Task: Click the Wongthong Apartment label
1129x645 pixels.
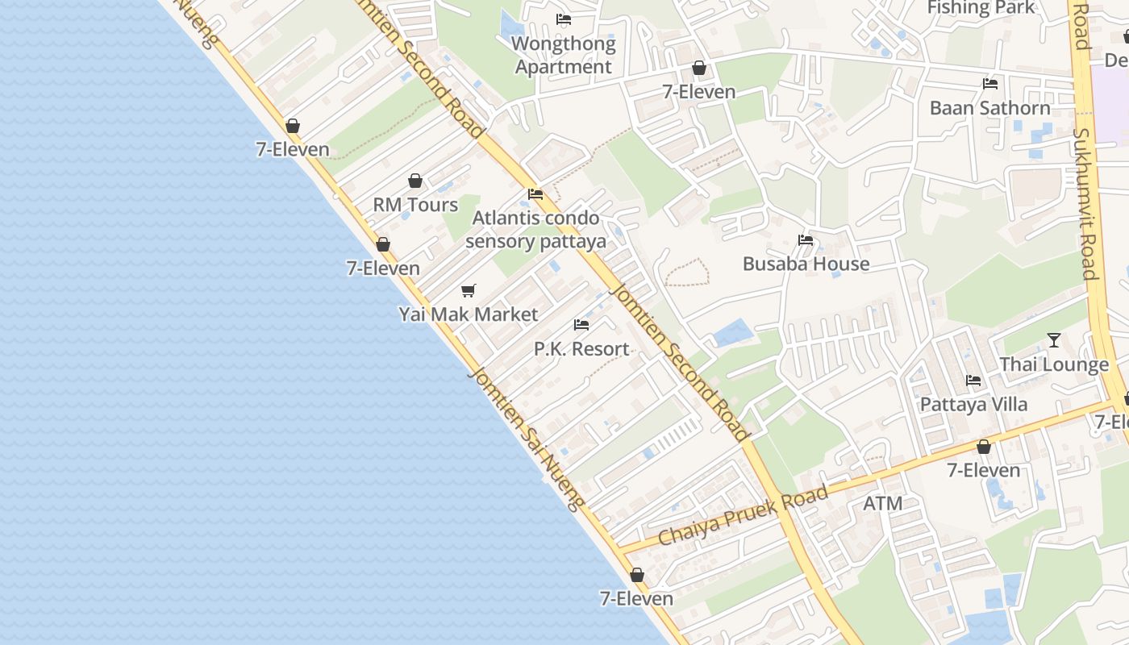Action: point(564,55)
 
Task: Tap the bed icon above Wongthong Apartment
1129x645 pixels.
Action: point(564,19)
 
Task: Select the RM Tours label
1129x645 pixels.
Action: point(415,205)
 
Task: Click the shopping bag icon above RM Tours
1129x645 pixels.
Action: point(415,181)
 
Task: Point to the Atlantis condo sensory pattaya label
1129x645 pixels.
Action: point(535,230)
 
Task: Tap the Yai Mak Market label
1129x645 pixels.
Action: point(468,314)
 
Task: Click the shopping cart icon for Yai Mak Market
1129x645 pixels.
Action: point(469,290)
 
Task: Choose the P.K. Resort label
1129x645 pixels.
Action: point(581,349)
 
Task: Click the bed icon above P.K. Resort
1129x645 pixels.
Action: point(581,325)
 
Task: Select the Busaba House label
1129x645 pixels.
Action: point(806,264)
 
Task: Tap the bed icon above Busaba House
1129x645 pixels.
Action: point(805,239)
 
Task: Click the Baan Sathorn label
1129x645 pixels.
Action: point(989,108)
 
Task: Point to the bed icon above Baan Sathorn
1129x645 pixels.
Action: point(990,84)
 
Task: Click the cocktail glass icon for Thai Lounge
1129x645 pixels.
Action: point(1053,340)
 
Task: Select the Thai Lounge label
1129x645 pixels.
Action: point(1054,364)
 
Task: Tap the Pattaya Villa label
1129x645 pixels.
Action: point(973,404)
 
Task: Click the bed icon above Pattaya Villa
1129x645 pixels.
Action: point(973,381)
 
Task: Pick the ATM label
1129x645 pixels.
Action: point(882,504)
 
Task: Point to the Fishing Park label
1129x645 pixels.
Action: point(981,8)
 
